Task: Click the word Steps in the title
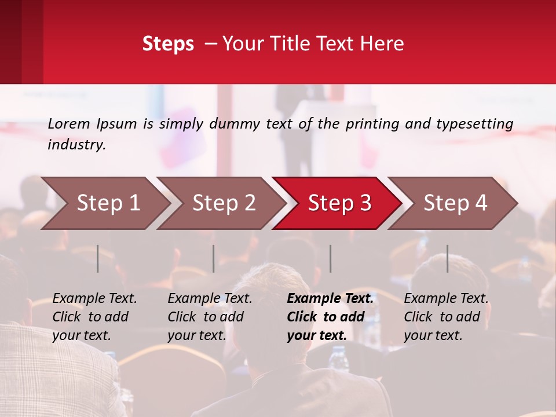[168, 44]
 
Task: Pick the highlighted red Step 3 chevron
[339, 203]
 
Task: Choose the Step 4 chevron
[455, 203]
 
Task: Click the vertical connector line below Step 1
[98, 258]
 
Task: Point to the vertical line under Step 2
[214, 258]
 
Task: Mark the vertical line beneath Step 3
[331, 258]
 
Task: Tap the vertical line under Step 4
[448, 258]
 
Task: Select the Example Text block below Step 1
[94, 316]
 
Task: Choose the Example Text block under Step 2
[210, 316]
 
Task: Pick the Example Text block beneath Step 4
[446, 316]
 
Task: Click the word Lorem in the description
[69, 123]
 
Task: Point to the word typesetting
[474, 124]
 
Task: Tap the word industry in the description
[76, 145]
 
